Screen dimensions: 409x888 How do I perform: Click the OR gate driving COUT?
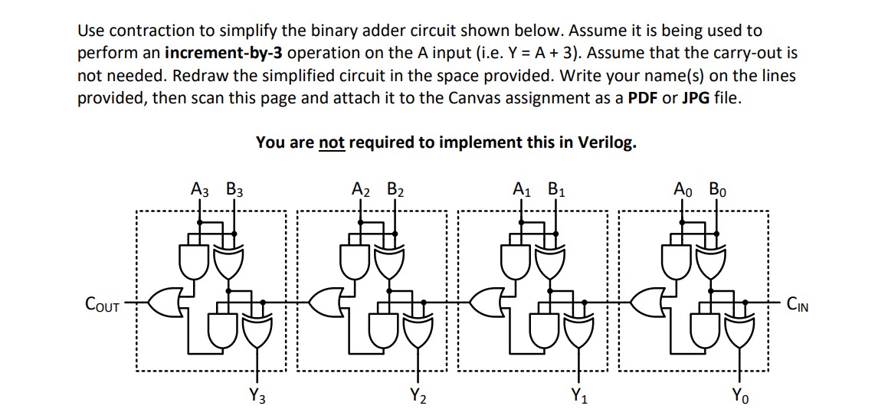tap(164, 303)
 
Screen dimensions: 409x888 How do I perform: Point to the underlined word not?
tap(331, 142)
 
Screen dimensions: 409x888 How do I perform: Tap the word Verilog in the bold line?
tap(608, 142)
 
